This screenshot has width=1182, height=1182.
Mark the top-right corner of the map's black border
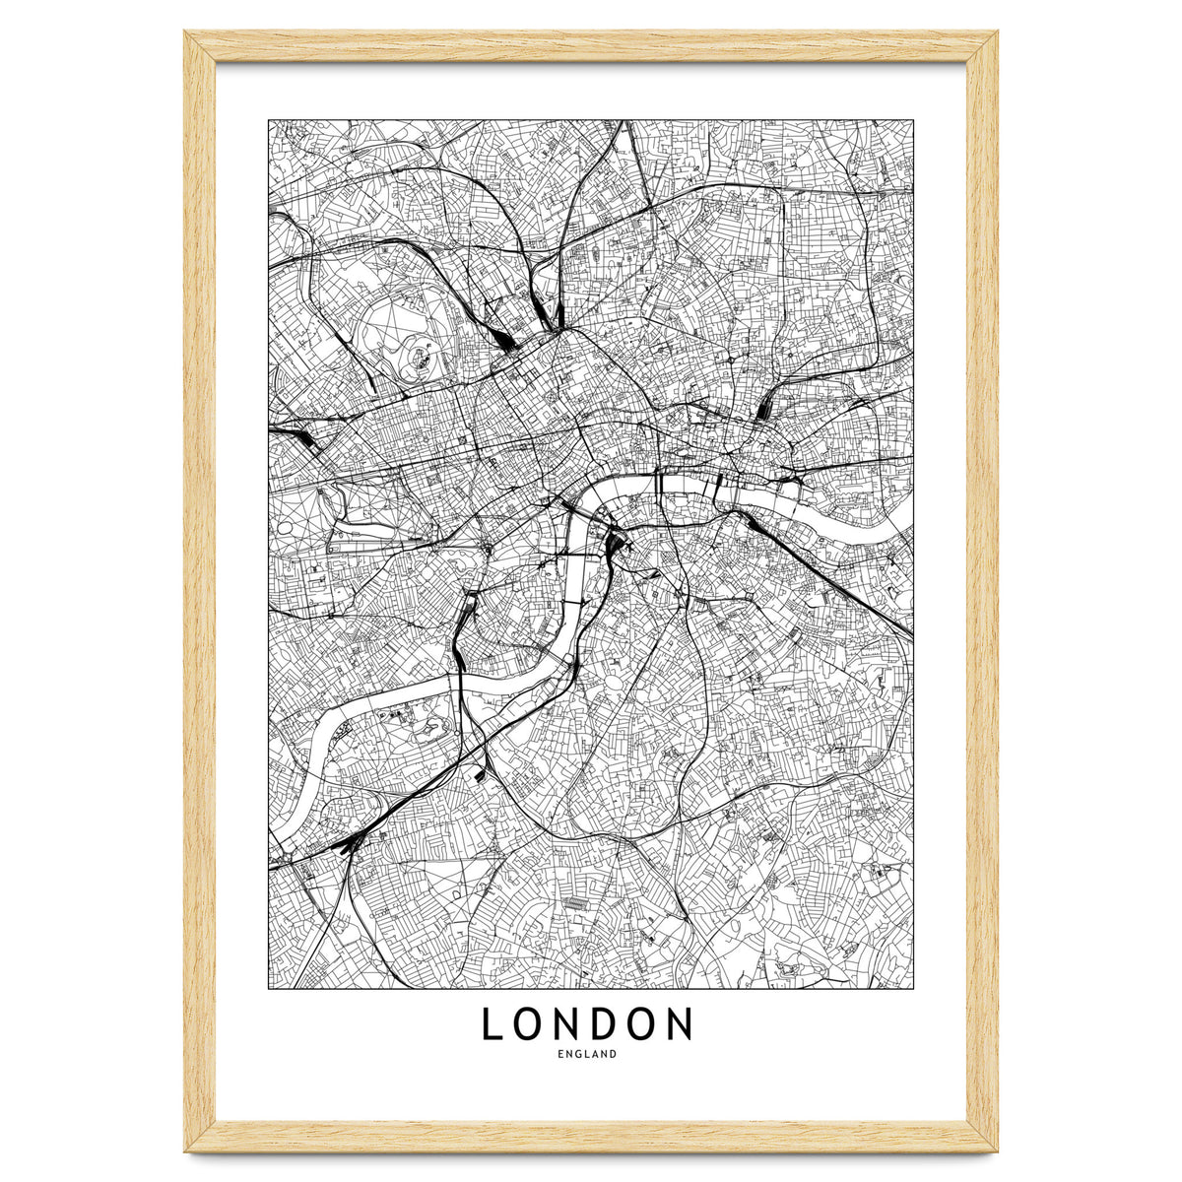point(913,120)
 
